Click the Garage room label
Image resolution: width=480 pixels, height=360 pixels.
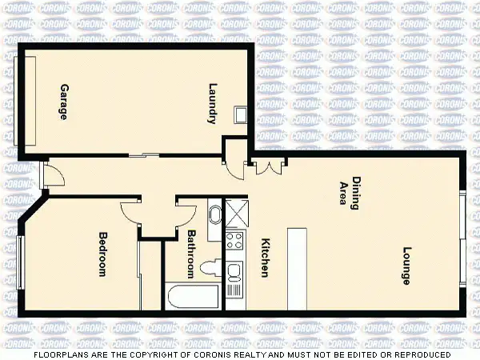pos(63,102)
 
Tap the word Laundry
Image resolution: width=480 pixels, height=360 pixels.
pos(213,104)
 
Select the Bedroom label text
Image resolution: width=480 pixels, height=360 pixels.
pos(102,254)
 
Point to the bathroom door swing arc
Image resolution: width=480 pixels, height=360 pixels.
pos(186,212)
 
